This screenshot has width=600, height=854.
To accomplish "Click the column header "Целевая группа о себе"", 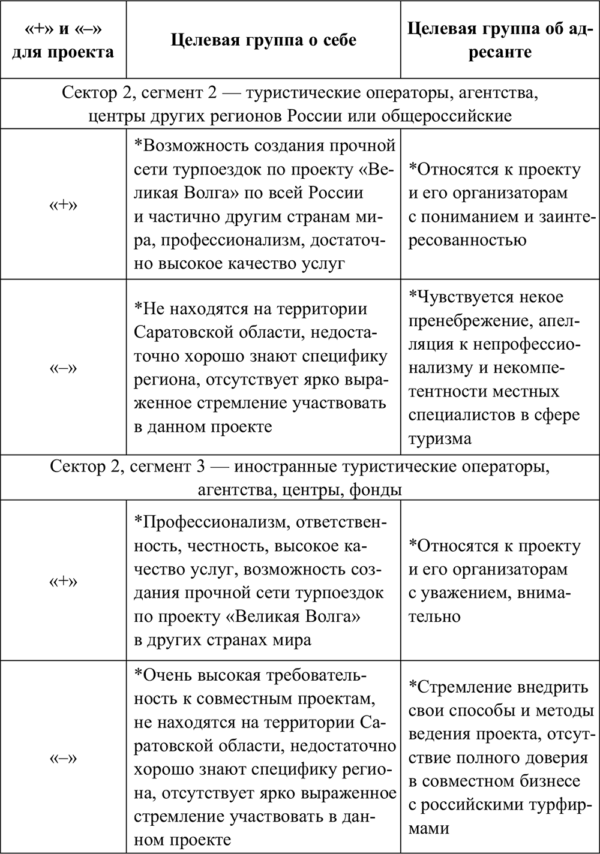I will pos(263,40).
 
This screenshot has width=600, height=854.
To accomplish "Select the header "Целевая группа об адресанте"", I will pos(499,40).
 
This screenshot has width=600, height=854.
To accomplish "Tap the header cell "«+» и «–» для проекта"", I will pos(63,40).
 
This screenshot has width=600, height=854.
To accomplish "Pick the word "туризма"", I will pos(440,439).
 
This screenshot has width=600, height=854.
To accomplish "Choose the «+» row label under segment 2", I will pos(63,204).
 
